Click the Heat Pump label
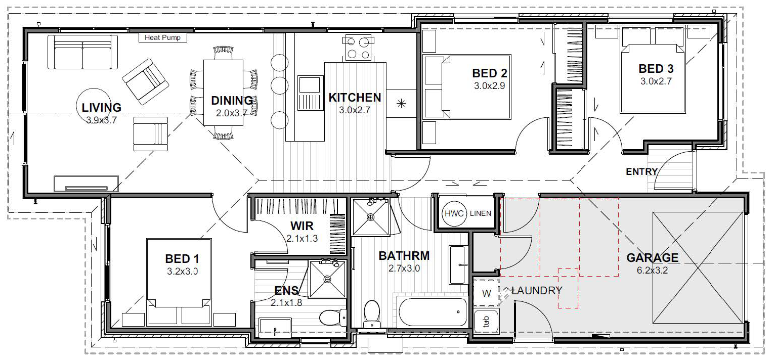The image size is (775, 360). (162, 37)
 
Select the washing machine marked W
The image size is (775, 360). (486, 293)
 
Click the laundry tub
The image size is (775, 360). (486, 321)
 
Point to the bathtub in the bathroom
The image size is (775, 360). (433, 311)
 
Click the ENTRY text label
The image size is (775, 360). (641, 172)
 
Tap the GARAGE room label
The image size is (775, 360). (652, 258)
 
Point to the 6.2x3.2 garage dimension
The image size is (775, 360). (652, 270)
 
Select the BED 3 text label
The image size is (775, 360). (656, 69)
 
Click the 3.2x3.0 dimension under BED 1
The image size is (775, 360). (182, 272)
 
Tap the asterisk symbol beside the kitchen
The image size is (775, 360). (401, 104)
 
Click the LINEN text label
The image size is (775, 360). (480, 213)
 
